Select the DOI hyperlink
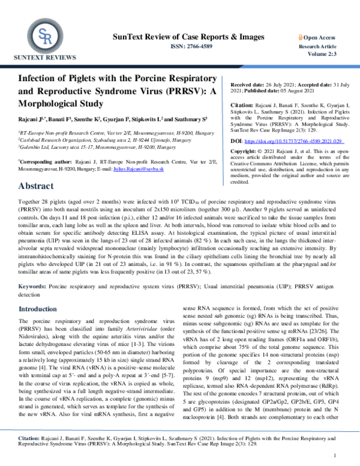280,141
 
